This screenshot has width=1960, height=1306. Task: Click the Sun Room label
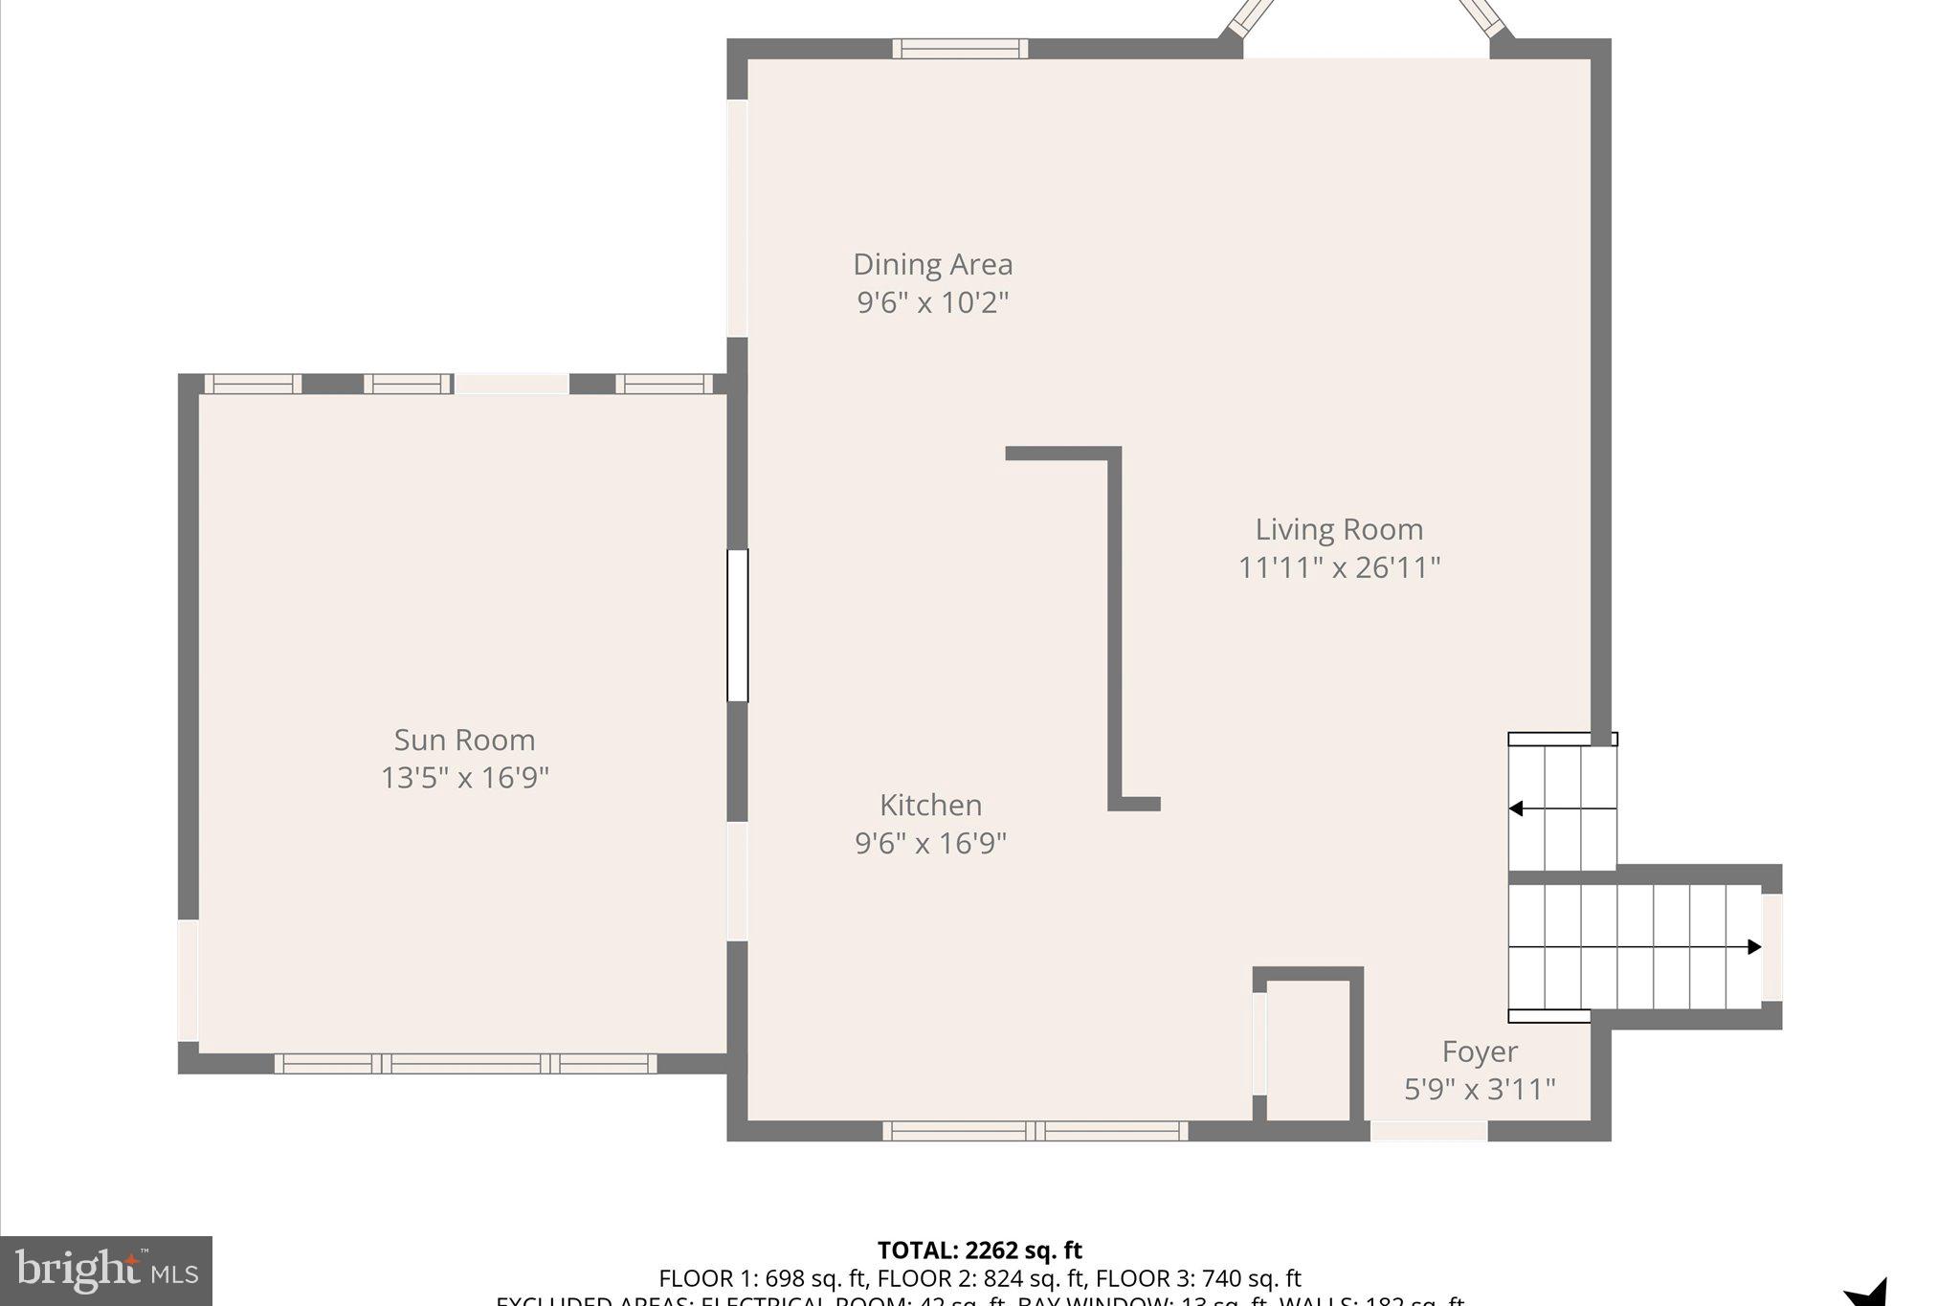coord(464,740)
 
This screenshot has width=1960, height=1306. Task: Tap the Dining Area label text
coord(932,264)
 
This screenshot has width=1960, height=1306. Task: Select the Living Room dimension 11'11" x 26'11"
coord(1339,567)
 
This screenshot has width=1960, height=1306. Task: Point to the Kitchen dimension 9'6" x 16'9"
coord(930,843)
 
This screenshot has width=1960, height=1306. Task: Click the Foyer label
coord(1480,1051)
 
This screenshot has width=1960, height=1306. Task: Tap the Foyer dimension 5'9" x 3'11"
coord(1480,1089)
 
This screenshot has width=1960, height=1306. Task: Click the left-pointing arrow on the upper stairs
coord(1517,808)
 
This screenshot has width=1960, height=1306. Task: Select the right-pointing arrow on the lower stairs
coord(1753,947)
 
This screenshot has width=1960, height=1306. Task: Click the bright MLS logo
coord(106,1271)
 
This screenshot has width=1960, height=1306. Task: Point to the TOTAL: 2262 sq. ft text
coord(979,1251)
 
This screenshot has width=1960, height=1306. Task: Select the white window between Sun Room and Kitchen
coord(737,626)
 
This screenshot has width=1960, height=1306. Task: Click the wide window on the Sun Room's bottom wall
coord(466,1063)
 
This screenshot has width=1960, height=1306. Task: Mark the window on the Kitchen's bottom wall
coord(1035,1131)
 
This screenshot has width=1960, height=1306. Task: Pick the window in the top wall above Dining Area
coord(960,49)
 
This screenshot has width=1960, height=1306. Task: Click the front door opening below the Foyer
coord(1429,1131)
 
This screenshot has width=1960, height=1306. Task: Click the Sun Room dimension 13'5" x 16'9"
coord(464,778)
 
